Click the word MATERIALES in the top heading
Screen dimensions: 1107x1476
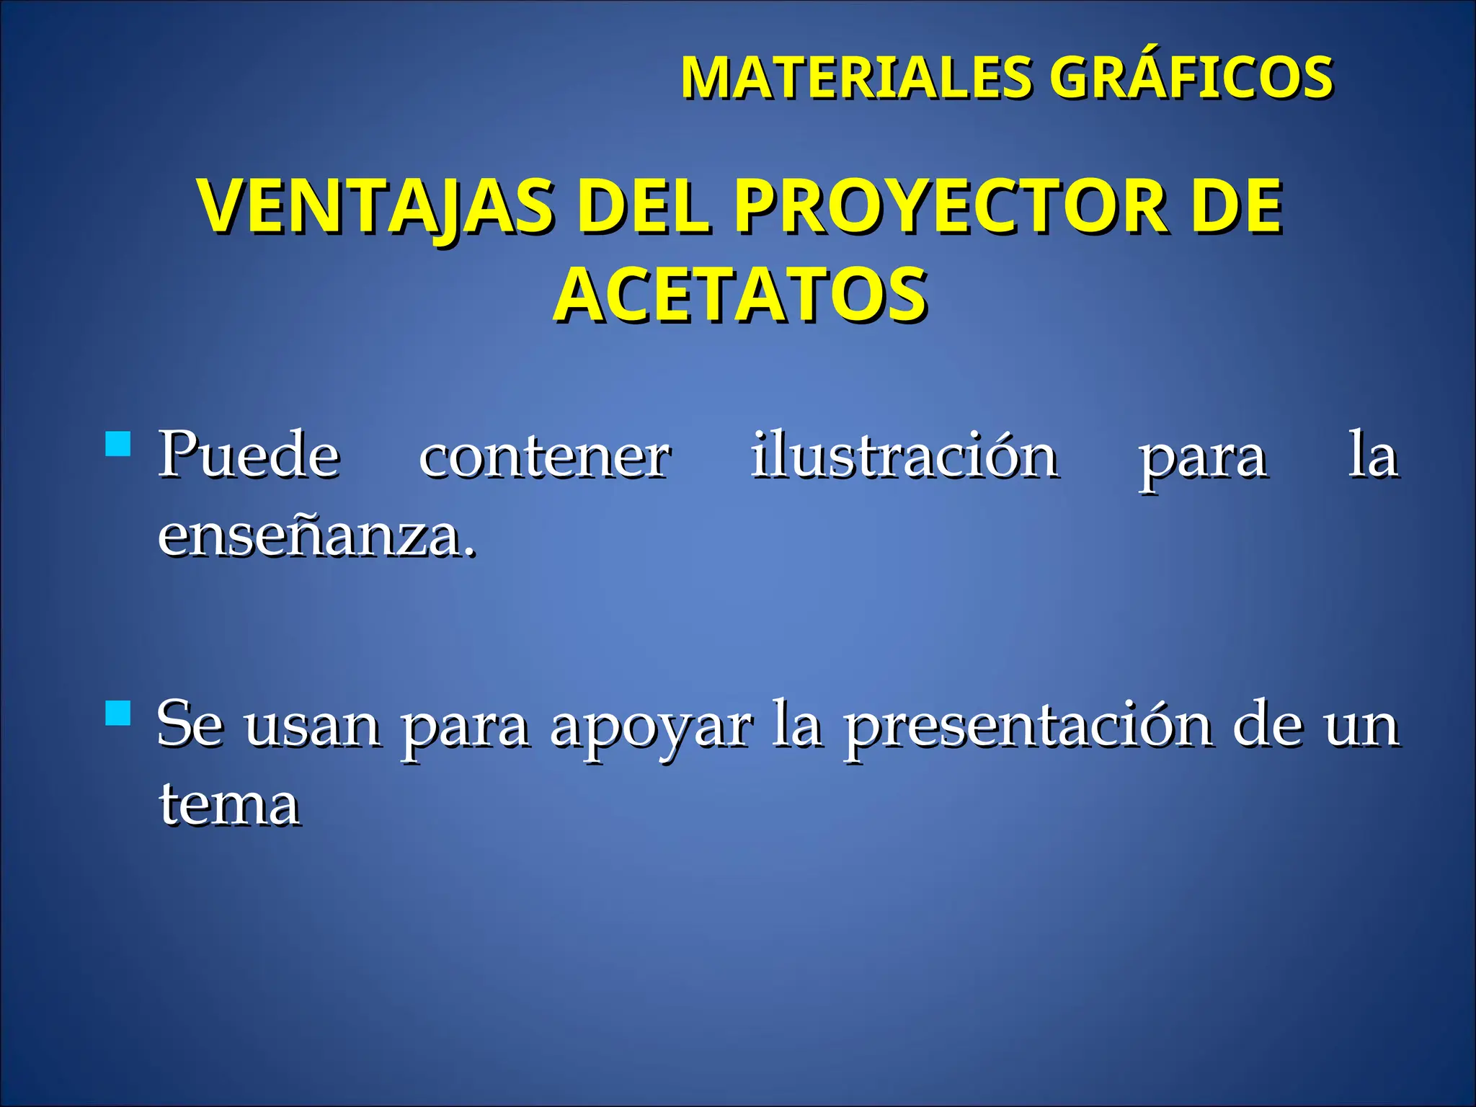[x=856, y=77]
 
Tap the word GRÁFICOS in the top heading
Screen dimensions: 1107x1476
[x=1190, y=77]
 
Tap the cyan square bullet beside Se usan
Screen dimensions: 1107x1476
[x=117, y=713]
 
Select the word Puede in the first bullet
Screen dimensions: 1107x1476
[x=249, y=455]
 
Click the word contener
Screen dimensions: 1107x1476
[x=545, y=455]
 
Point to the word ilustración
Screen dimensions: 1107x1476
[x=904, y=455]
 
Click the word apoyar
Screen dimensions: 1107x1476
[x=651, y=726]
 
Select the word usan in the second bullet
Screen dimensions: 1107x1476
[x=313, y=726]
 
